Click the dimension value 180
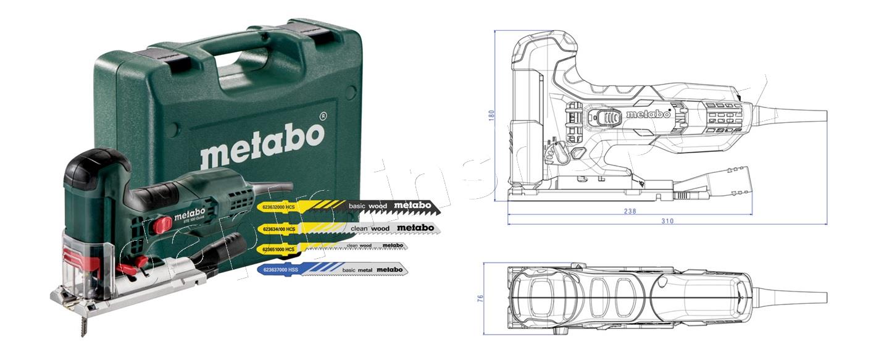tap(492, 115)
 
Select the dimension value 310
tap(667, 220)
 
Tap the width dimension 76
tap(481, 298)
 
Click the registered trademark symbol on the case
tap(322, 115)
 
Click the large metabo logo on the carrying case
tap(262, 144)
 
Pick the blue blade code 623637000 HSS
tap(281, 270)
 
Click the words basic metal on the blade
tap(357, 269)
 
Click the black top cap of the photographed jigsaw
tap(96, 166)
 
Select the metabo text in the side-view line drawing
tap(648, 114)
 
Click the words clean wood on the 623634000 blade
tap(369, 228)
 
